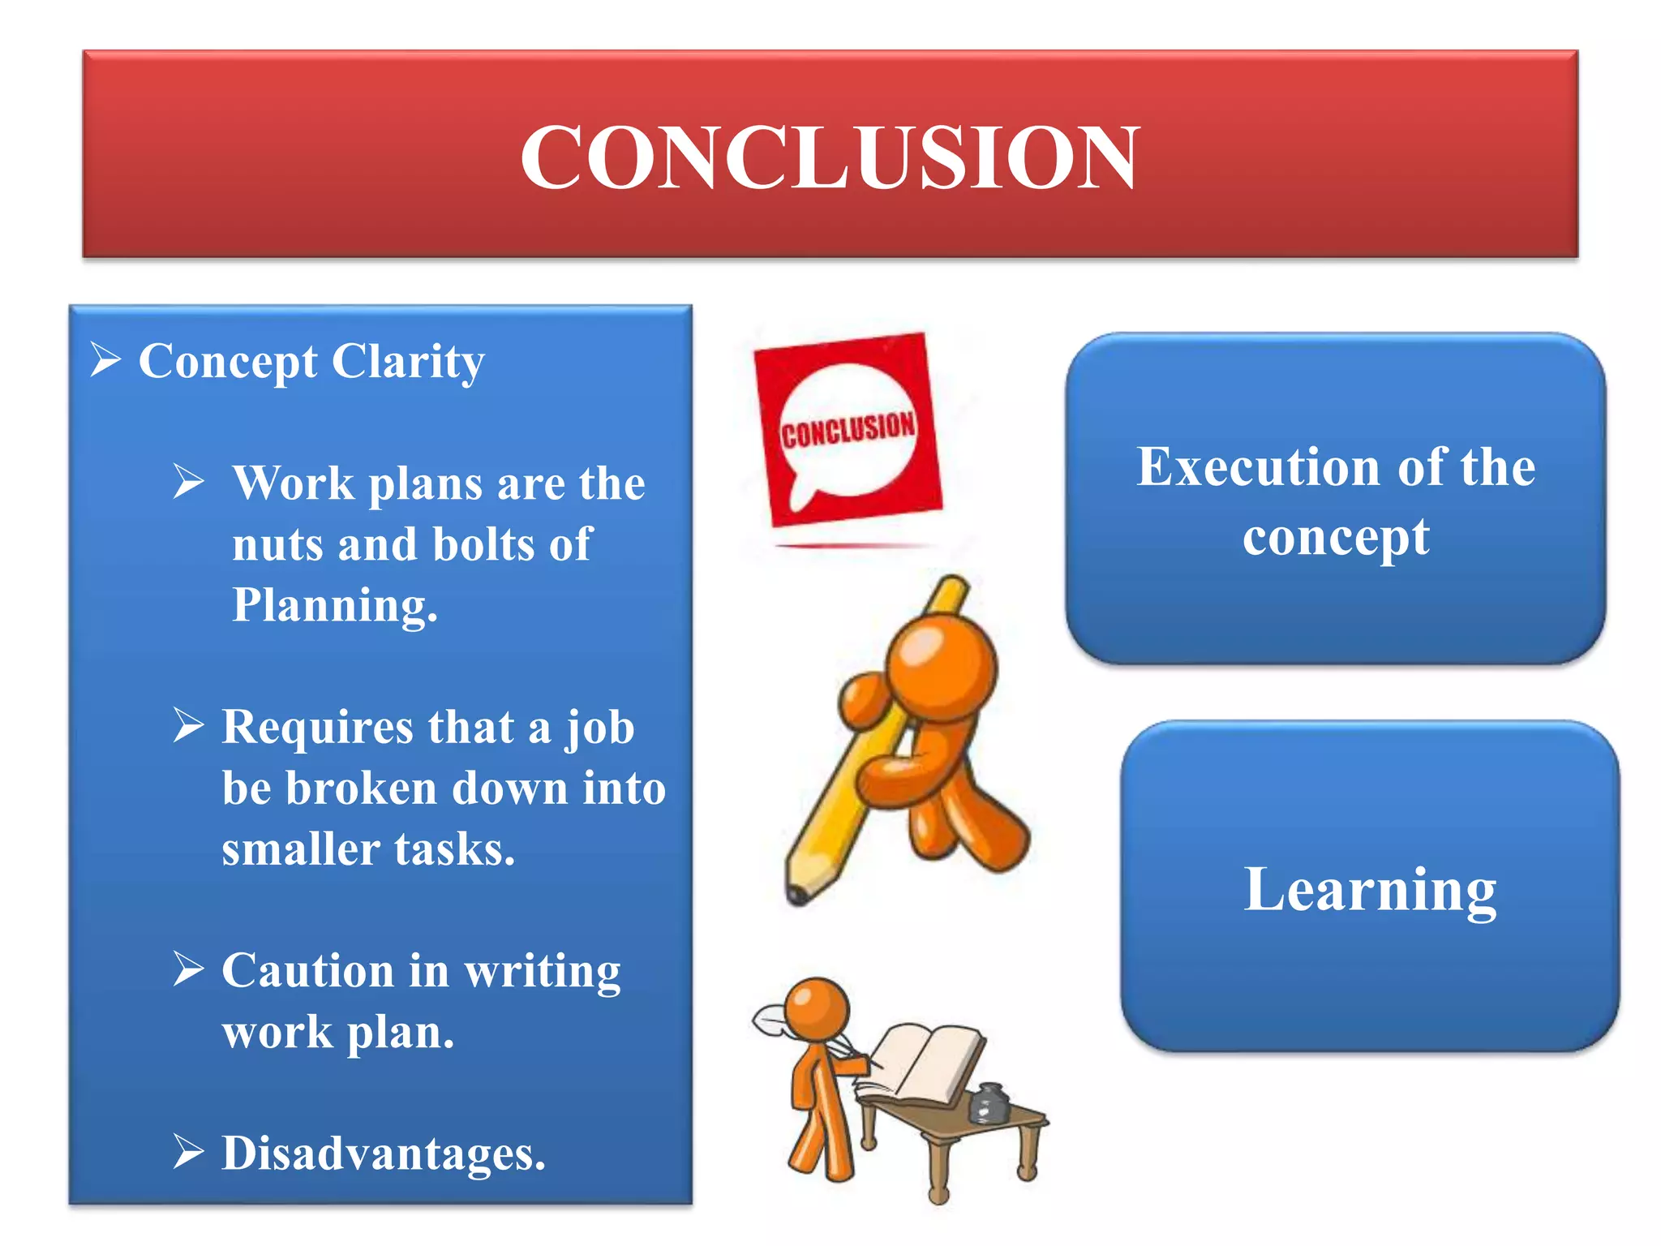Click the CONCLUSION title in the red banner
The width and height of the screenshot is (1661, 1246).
pos(830,157)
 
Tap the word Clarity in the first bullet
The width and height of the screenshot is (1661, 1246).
pos(408,361)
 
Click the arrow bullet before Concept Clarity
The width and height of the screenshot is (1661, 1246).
pos(105,359)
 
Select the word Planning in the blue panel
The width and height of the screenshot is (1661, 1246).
pos(334,605)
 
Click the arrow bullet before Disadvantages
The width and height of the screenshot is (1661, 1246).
pos(188,1152)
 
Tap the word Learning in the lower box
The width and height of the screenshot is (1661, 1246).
pos(1370,889)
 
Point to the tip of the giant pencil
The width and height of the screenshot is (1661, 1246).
pos(798,896)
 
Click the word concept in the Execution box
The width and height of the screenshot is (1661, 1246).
pos(1335,537)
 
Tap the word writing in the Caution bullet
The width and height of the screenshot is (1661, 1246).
pos(543,972)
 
